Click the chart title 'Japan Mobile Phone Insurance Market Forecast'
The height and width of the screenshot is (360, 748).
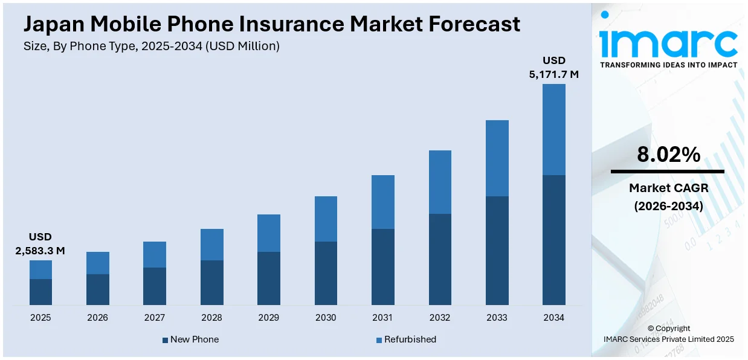pos(271,24)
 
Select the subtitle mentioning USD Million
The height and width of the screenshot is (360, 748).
pos(152,47)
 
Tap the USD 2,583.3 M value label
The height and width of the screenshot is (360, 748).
pos(40,243)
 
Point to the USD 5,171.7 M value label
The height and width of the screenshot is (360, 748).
pos(553,67)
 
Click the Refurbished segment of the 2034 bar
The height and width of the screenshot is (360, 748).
pos(553,129)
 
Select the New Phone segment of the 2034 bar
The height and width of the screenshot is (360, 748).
pos(553,240)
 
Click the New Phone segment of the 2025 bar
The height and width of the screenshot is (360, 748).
pos(40,292)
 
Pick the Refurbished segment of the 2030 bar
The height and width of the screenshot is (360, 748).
pos(326,219)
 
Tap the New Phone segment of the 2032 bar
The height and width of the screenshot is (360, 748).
pos(440,259)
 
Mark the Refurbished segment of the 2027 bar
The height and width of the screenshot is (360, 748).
pos(155,254)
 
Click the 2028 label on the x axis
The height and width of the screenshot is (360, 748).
pos(211,318)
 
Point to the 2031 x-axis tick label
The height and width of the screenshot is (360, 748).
pos(382,318)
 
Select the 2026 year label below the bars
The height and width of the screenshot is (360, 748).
pos(98,318)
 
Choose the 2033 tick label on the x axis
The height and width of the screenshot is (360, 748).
pos(497,318)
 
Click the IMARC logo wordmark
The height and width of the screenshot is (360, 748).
pos(668,42)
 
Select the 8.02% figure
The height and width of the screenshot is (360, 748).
pos(668,155)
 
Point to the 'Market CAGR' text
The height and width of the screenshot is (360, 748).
pos(668,188)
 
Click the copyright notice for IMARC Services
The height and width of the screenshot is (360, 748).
pos(668,334)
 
